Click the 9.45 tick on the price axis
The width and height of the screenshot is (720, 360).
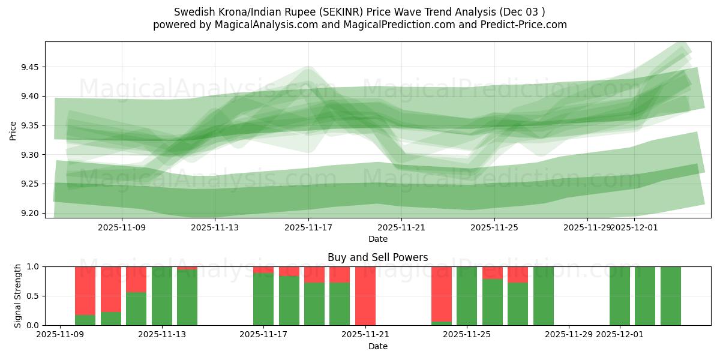[x=28, y=67]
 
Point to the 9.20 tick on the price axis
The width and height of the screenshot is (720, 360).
[x=28, y=213]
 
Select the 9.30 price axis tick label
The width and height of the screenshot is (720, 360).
[x=28, y=155]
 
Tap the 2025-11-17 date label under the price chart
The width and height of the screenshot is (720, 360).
[x=308, y=227]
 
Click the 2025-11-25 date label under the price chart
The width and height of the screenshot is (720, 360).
[x=494, y=227]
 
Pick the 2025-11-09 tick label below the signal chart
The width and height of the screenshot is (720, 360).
[x=60, y=335]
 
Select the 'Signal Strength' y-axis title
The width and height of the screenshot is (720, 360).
[x=18, y=296]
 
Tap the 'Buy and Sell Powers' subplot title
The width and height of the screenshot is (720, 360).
[x=377, y=257]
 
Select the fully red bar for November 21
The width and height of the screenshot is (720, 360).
[x=365, y=296]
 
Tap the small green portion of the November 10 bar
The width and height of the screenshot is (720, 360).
[x=85, y=320]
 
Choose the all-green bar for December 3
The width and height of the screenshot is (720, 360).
[x=670, y=296]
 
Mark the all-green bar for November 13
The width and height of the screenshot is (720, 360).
[x=161, y=296]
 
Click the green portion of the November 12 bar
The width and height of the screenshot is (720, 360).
[x=136, y=308]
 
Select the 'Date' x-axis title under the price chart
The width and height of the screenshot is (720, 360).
[x=377, y=239]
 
